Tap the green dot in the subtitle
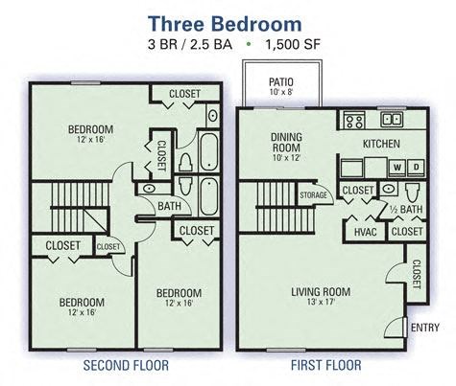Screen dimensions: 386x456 coord(250,45)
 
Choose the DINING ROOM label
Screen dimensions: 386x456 coord(286,142)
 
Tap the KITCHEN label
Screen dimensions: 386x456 coord(380,145)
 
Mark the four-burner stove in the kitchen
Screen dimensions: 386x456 coord(353,121)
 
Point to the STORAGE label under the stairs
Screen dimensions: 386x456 coord(313,195)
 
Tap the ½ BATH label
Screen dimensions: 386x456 coord(407,209)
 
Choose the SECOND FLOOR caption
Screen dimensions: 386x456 coord(126,366)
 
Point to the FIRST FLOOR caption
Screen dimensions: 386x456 coord(325,366)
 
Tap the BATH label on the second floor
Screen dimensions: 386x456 coord(169,205)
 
